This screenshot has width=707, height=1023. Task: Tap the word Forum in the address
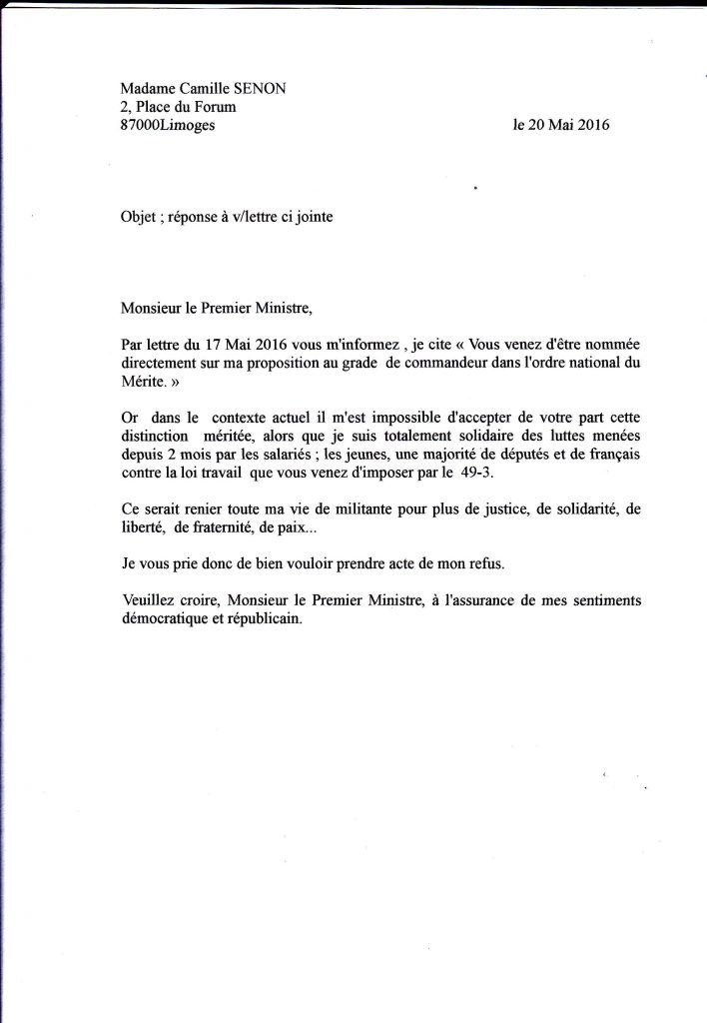215,107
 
